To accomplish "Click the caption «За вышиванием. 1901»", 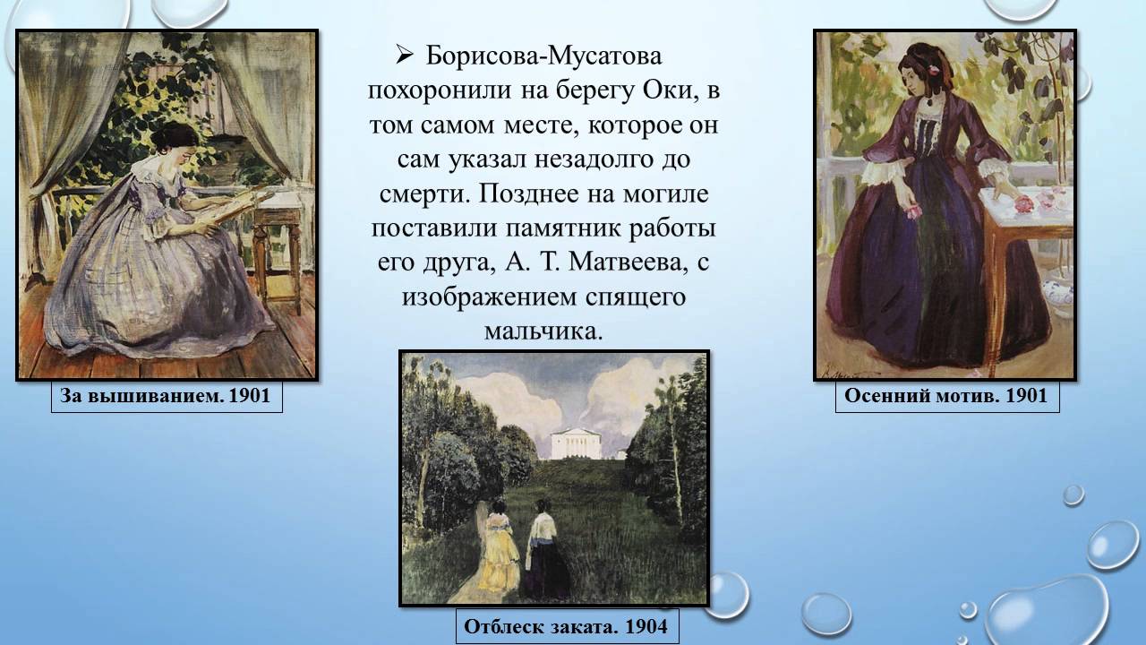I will pos(167,396).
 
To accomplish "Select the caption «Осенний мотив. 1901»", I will pos(946,396).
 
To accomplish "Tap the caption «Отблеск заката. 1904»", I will pos(566,626).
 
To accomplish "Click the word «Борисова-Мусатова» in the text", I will pos(543,56).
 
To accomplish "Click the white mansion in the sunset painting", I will pos(577,443).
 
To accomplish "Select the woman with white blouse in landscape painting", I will pos(543,546).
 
